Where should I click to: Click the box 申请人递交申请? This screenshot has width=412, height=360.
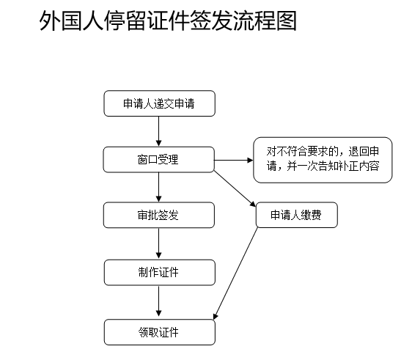[160, 103]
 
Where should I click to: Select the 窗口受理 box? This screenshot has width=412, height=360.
[158, 160]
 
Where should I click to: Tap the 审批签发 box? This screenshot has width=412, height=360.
[158, 215]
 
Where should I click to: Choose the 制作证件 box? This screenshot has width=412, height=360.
[160, 273]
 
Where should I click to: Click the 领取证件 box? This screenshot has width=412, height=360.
[160, 332]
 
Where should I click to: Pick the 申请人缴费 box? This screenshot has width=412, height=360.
[297, 215]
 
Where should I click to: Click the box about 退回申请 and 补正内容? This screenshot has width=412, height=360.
[323, 160]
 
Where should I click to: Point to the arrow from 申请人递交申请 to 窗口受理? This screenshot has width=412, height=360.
[158, 131]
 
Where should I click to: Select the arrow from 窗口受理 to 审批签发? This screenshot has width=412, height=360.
[158, 188]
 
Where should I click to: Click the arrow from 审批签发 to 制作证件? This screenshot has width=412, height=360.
[158, 243]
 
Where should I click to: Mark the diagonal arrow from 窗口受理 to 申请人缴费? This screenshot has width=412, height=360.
[235, 188]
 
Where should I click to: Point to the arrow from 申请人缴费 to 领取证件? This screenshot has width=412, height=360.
[236, 273]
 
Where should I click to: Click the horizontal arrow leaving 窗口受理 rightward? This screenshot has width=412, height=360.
[234, 160]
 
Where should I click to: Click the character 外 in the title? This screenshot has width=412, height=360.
[50, 21]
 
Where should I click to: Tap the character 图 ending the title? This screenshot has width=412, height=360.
[287, 21]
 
